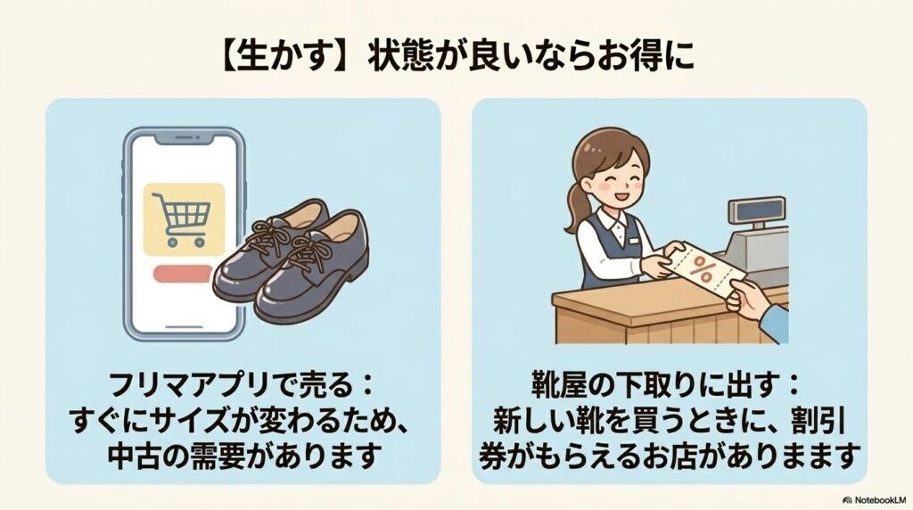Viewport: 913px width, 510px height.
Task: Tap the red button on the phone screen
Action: click(x=184, y=273)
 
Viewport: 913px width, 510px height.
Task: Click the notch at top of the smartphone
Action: click(x=184, y=141)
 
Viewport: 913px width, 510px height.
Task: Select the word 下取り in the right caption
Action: click(x=644, y=389)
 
